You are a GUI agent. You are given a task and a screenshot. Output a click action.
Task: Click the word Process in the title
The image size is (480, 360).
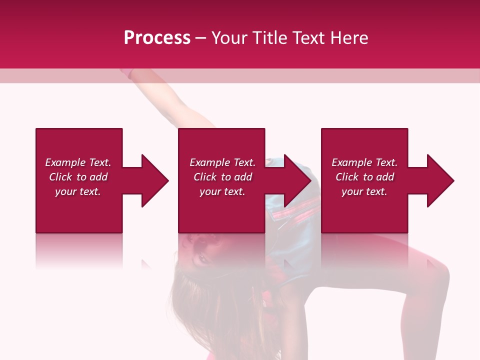click(x=157, y=37)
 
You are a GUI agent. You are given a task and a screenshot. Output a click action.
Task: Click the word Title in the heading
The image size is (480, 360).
click(x=268, y=37)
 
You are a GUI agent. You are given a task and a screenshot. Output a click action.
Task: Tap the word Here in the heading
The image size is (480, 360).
click(x=349, y=37)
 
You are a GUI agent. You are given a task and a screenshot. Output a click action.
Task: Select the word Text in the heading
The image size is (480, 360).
click(x=308, y=37)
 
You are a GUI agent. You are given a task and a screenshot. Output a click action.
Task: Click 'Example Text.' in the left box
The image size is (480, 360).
click(x=78, y=162)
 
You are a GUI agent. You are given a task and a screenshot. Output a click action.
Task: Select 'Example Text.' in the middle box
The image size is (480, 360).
click(x=222, y=162)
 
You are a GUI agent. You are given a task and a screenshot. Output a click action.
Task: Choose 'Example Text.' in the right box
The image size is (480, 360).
click(x=364, y=162)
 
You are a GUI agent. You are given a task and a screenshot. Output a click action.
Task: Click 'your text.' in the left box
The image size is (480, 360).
click(x=78, y=191)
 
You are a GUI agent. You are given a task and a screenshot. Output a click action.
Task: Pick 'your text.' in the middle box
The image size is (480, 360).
click(x=222, y=191)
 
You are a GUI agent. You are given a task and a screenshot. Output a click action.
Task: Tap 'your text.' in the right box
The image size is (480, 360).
click(x=364, y=191)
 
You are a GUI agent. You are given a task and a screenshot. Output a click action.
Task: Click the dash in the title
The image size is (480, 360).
click(x=201, y=38)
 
